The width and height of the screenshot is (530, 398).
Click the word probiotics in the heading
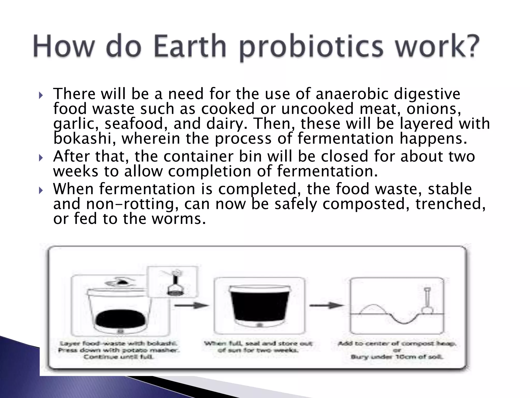pyautogui.click(x=312, y=48)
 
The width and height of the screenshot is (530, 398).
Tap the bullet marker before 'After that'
pyautogui.click(x=41, y=158)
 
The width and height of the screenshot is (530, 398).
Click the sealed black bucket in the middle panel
pyautogui.click(x=260, y=306)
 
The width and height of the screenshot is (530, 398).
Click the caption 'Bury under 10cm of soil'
pyautogui.click(x=397, y=357)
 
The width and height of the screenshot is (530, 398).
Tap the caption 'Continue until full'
pyautogui.click(x=118, y=357)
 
